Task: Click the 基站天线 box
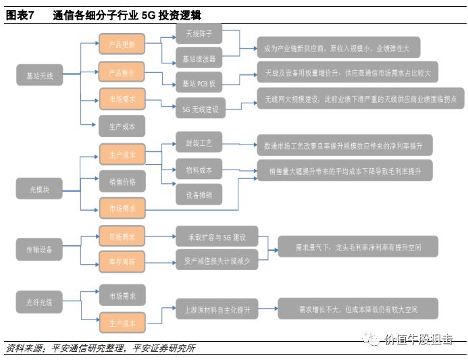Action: (38, 76)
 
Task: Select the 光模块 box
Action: (38, 187)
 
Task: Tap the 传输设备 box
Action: (38, 249)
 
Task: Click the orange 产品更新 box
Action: (122, 45)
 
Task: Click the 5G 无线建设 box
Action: (201, 108)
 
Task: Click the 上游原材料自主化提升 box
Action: (216, 309)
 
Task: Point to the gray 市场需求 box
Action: (122, 295)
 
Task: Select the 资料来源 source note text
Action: (101, 349)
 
